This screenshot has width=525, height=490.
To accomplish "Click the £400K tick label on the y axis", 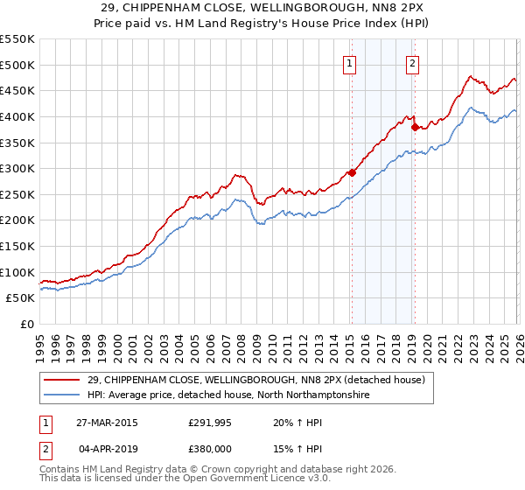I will point(17,116).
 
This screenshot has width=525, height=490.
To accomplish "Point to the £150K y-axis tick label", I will point(17,246).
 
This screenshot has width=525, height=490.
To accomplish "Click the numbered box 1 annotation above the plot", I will point(350,62).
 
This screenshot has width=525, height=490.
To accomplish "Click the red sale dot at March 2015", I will point(352,172).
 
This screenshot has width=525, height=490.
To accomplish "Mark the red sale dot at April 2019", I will point(415,127).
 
